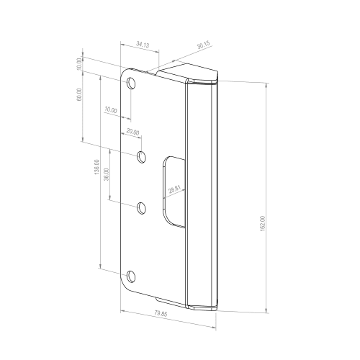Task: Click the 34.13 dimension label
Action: click(x=142, y=45)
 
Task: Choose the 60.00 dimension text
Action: click(x=79, y=95)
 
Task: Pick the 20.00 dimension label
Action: click(x=132, y=132)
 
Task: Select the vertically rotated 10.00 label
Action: click(x=79, y=64)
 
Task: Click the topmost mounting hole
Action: click(x=131, y=84)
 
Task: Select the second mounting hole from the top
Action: click(x=142, y=156)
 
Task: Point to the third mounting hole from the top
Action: click(x=142, y=208)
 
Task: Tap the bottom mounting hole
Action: click(x=131, y=276)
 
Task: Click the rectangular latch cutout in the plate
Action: click(x=171, y=191)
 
